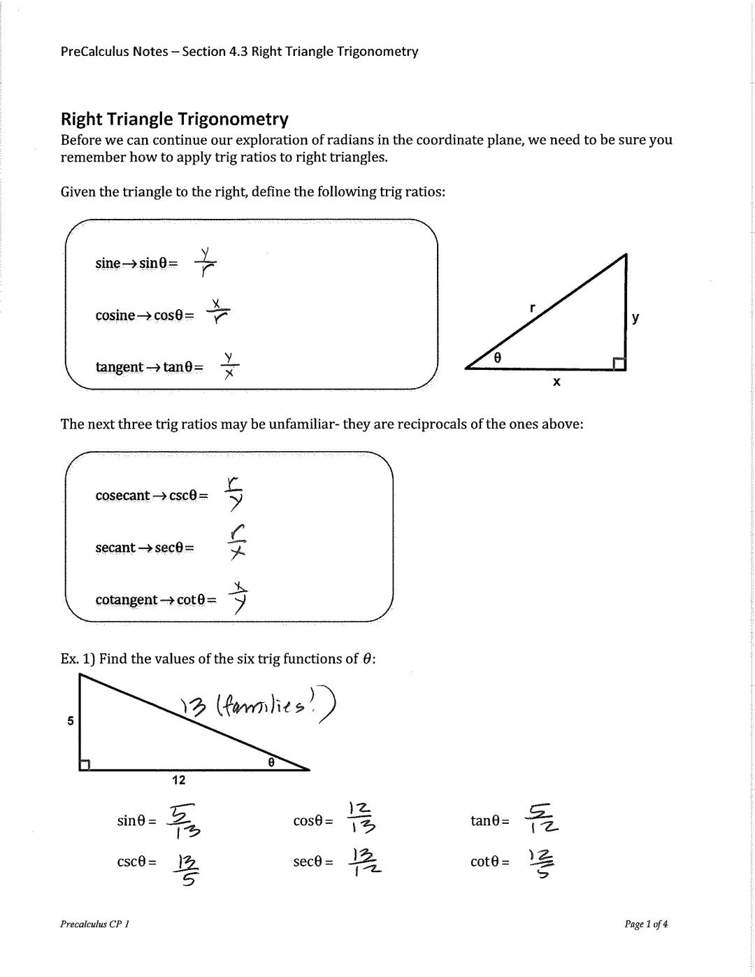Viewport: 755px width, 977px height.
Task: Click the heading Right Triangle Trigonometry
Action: tap(174, 118)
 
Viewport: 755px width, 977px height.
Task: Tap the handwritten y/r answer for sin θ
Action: tap(205, 262)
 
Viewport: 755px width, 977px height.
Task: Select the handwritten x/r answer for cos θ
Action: tap(218, 313)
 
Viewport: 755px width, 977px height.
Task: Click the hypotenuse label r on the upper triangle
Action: tap(533, 307)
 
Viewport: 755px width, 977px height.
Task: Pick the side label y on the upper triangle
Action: tap(635, 318)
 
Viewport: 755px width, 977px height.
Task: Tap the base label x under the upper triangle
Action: tap(556, 382)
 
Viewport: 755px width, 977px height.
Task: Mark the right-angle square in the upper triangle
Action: tap(619, 364)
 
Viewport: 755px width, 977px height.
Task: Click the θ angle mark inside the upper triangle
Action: tap(498, 357)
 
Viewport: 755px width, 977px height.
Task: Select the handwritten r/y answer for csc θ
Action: tap(234, 494)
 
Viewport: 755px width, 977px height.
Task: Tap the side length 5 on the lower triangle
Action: tap(70, 720)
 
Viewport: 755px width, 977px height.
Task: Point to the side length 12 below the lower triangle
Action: tap(179, 780)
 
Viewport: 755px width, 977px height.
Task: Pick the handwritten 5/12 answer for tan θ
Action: tap(542, 819)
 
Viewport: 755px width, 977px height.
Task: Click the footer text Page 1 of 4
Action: tap(646, 924)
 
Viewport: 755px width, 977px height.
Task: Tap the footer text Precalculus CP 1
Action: tap(94, 924)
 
